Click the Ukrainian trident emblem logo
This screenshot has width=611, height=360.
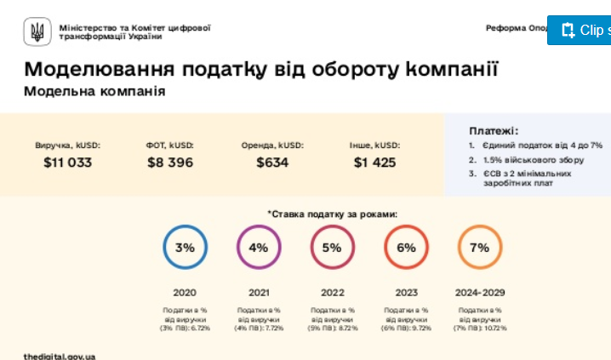pyautogui.click(x=37, y=31)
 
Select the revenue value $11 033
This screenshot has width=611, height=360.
pyautogui.click(x=67, y=163)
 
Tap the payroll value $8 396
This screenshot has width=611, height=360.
pyautogui.click(x=169, y=163)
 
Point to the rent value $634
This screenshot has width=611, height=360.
pyautogui.click(x=272, y=163)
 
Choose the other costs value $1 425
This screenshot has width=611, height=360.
pyautogui.click(x=374, y=163)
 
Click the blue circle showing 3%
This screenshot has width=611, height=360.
pyautogui.click(x=185, y=248)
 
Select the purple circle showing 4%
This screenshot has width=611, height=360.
pyautogui.click(x=259, y=248)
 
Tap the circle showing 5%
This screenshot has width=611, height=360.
pyautogui.click(x=332, y=248)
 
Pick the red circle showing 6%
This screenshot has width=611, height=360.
pyautogui.click(x=406, y=248)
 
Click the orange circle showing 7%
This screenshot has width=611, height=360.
pyautogui.click(x=479, y=248)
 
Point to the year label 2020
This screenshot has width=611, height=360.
pyautogui.click(x=185, y=292)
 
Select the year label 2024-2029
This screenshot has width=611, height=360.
pyautogui.click(x=479, y=292)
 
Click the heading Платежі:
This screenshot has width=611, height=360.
pyautogui.click(x=494, y=131)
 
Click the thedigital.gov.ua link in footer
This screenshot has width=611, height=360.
pyautogui.click(x=60, y=355)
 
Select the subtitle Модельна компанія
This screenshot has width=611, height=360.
pyautogui.click(x=94, y=91)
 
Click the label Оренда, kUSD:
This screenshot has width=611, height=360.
pyautogui.click(x=272, y=145)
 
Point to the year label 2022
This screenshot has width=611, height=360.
pyautogui.click(x=332, y=292)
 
